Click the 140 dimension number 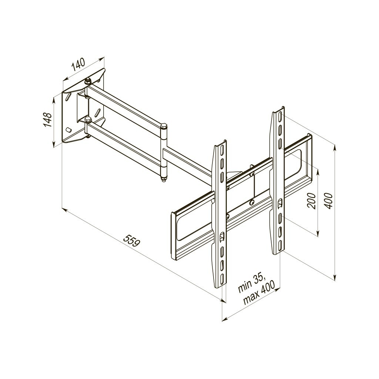click(x=78, y=64)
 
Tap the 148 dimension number click(x=47, y=120)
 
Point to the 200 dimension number click(x=312, y=201)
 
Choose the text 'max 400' click(x=259, y=293)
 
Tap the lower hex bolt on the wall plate click(x=88, y=120)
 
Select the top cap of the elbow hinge click(x=164, y=126)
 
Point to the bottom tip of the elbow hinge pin click(x=163, y=180)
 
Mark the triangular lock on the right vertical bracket click(x=280, y=202)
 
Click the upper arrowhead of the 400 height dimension click(x=335, y=148)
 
